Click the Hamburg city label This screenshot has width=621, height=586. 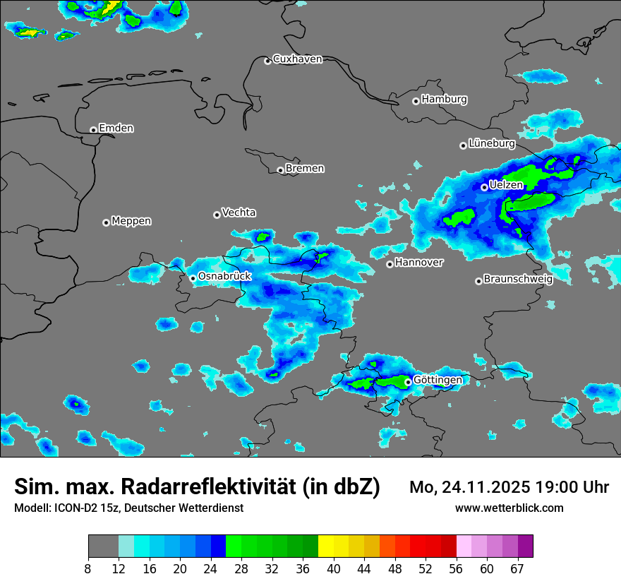point(444,100)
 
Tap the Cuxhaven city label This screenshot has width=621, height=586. point(297,59)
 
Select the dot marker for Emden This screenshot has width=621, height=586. point(93,130)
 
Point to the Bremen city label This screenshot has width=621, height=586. point(305,169)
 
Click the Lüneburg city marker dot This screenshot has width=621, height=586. point(463,145)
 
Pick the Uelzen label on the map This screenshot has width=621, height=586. point(506,185)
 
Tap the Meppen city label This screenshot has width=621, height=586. point(131,221)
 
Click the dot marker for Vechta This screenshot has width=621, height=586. point(217,215)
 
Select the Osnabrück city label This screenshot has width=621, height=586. point(224,276)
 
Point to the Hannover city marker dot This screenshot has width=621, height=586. point(390,264)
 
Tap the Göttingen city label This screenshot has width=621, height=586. point(438,380)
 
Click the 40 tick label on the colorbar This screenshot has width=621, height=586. point(334,569)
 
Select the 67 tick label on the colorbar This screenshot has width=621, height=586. point(518,569)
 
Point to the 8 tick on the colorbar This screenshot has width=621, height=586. point(89,569)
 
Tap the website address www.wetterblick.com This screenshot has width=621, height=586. point(510,508)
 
